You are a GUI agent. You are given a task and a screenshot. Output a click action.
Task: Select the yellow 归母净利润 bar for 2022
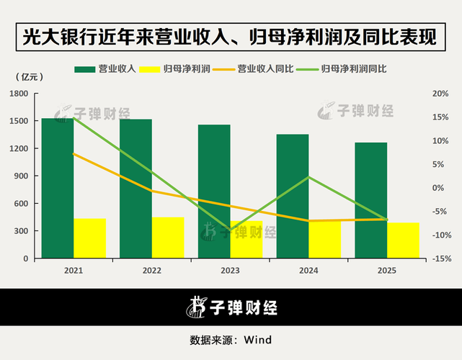tap(168, 238)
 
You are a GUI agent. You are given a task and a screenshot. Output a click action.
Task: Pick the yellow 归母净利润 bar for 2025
tap(403, 240)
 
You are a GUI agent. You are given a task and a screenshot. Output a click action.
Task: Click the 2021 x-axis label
tap(73, 270)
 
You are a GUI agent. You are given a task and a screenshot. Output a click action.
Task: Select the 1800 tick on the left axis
tap(19, 94)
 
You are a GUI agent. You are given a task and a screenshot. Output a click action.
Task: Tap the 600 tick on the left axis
tap(22, 204)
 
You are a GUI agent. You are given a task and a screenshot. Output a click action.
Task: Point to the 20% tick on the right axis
tap(440, 94)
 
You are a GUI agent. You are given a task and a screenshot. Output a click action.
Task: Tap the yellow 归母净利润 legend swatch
tap(148, 69)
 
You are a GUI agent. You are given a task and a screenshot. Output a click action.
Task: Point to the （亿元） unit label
tap(27, 76)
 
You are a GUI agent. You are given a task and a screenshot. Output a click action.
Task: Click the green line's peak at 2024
tap(308, 177)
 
